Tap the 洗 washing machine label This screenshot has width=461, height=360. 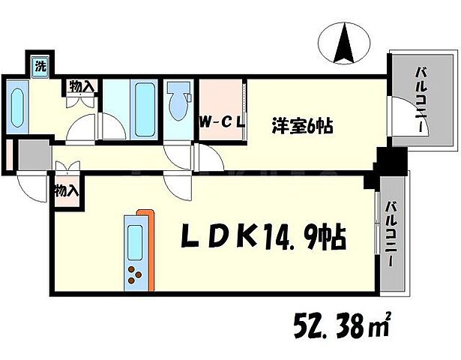pos(40,65)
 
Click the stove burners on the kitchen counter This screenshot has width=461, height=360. pos(136,275)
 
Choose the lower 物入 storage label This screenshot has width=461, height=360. pos(66,190)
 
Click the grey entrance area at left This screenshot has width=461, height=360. pos(31,155)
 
